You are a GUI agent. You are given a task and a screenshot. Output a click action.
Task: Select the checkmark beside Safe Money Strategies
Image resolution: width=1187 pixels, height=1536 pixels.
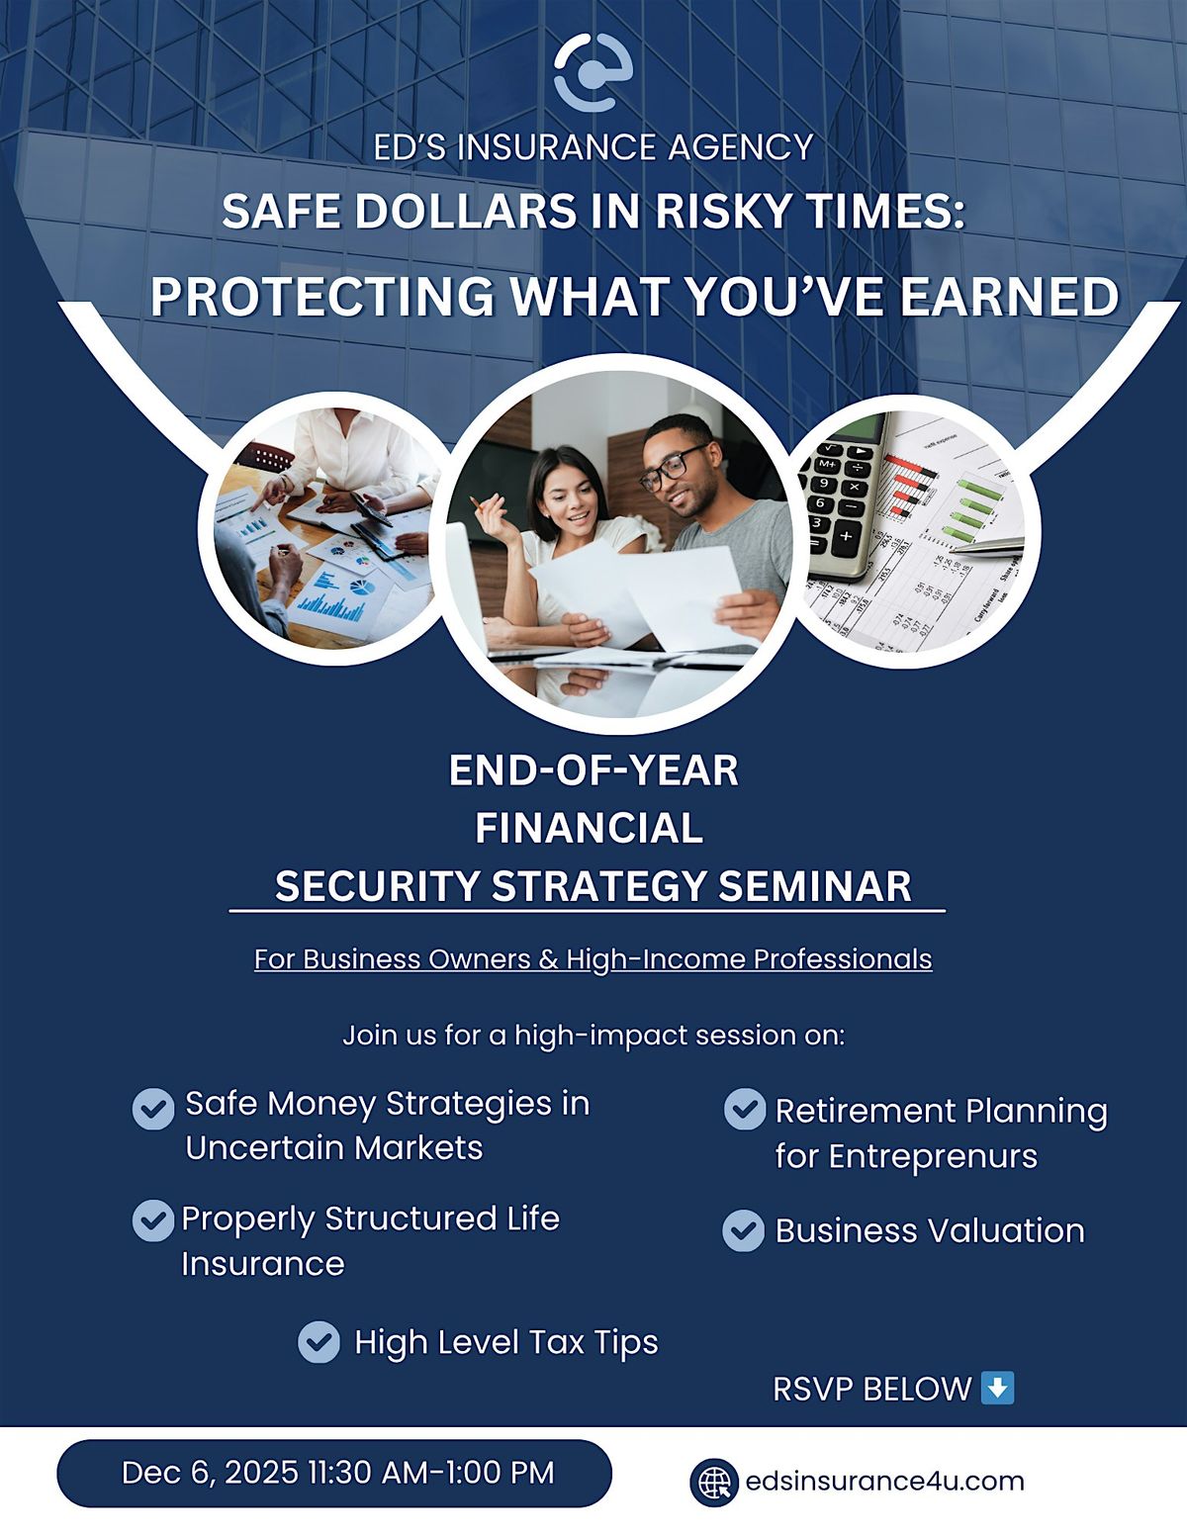coord(153,1109)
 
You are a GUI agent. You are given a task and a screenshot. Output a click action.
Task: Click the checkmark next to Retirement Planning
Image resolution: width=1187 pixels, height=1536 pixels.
coord(744,1109)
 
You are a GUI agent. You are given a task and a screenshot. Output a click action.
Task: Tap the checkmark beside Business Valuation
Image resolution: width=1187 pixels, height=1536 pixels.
coord(744,1231)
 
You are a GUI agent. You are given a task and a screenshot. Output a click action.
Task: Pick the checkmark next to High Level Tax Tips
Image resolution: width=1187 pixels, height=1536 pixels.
coord(319,1342)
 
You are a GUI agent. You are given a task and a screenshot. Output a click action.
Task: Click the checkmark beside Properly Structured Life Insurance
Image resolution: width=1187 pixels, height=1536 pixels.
coord(153,1220)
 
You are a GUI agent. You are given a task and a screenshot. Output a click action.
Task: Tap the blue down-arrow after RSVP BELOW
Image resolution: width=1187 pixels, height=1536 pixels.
coord(996,1387)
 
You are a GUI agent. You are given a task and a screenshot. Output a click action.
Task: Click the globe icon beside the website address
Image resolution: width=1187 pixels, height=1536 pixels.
coord(713,1482)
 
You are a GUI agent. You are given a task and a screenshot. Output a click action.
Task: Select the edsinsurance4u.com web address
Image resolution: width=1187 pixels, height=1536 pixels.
coord(884,1482)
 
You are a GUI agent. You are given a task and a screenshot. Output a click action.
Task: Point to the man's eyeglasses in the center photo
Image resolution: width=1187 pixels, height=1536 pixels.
coord(673,470)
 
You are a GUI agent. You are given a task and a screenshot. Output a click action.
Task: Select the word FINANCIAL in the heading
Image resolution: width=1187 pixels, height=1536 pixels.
coord(589,828)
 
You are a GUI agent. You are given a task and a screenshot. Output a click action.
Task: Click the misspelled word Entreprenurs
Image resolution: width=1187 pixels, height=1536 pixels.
coord(933,1156)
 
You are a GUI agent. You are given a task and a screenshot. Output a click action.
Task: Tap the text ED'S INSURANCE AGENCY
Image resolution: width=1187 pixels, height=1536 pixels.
coord(593,147)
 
